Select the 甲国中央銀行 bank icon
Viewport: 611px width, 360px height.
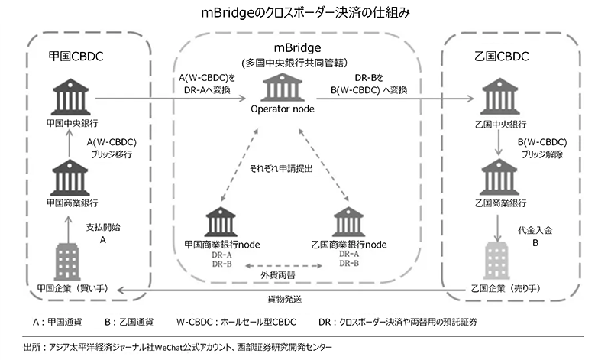tap(70, 100)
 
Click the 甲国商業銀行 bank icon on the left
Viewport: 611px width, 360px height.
tap(70, 177)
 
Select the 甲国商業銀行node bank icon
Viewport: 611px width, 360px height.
tap(222, 221)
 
